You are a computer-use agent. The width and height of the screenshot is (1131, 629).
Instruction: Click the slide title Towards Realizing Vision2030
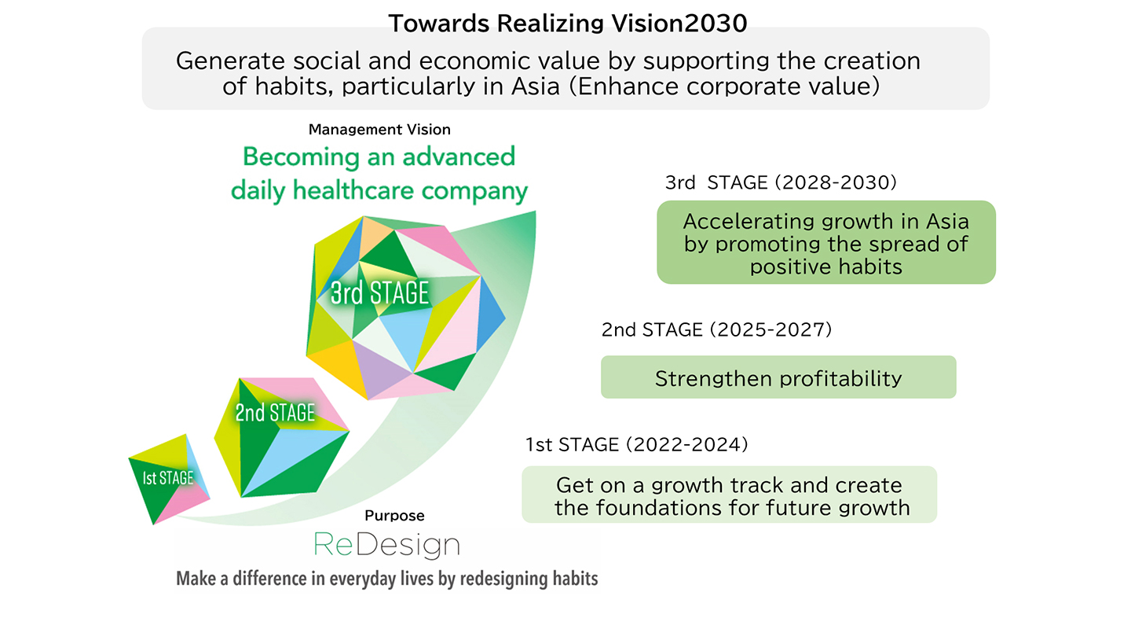click(x=568, y=24)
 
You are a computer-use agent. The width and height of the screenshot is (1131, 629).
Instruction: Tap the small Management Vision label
click(x=379, y=130)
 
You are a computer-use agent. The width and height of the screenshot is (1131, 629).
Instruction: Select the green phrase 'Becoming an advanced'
click(x=379, y=156)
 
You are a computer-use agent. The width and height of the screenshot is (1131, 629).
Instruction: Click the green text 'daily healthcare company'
click(x=379, y=191)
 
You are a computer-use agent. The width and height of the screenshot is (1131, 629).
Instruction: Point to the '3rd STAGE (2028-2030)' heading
click(x=781, y=182)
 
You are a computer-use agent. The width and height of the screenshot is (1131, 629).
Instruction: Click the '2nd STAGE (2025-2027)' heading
click(x=716, y=329)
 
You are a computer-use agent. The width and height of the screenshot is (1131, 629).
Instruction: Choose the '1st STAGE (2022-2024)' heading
click(x=637, y=444)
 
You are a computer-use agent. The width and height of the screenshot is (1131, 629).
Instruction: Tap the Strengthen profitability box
click(x=778, y=377)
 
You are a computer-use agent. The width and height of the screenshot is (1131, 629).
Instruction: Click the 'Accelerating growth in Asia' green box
click(x=826, y=242)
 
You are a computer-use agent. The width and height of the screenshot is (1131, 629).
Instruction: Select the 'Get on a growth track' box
click(x=729, y=495)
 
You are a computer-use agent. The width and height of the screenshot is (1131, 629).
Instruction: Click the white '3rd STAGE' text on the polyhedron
click(x=379, y=292)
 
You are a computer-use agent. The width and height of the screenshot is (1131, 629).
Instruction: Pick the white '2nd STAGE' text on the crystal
click(x=275, y=413)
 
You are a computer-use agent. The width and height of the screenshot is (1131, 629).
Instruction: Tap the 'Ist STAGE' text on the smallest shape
click(x=167, y=478)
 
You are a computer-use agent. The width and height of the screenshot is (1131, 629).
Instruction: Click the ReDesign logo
click(x=386, y=545)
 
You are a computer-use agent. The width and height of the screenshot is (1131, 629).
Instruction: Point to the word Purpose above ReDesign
click(x=394, y=516)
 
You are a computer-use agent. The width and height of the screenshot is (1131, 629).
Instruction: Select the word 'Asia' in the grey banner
click(x=536, y=86)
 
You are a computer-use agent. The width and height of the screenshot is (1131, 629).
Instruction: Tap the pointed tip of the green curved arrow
click(x=534, y=212)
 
